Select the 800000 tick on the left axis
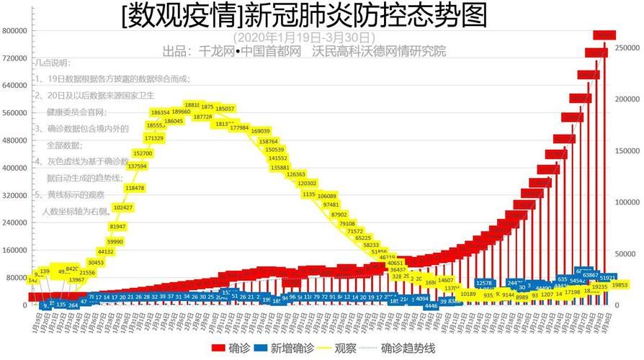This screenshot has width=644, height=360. click(x=14, y=31)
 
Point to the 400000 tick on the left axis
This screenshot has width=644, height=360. click(x=14, y=168)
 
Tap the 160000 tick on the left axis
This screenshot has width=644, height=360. click(x=14, y=251)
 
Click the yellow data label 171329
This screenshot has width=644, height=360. click(x=153, y=138)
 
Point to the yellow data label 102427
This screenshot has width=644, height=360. click(x=123, y=207)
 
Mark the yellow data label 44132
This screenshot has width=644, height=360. click(x=105, y=251)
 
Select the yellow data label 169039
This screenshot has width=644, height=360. click(x=260, y=131)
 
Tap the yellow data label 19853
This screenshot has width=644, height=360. click(x=619, y=285)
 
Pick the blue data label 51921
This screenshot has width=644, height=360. click(x=607, y=277)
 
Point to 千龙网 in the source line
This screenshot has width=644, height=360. click(x=213, y=51)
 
